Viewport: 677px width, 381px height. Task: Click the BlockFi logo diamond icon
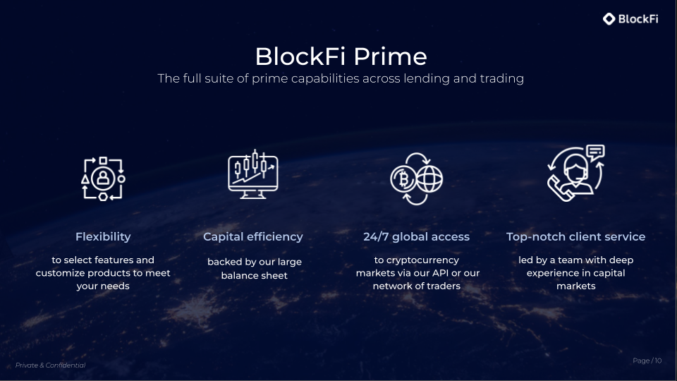(609, 19)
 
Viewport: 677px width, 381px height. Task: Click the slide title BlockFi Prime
(341, 56)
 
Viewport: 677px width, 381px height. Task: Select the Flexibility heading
(103, 237)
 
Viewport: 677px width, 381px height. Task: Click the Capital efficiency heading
(253, 237)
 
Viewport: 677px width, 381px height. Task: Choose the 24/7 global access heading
(416, 237)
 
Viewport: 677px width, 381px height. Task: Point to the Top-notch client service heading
(575, 237)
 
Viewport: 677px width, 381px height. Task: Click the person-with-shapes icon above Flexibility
(103, 179)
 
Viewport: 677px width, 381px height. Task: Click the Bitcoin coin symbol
(404, 180)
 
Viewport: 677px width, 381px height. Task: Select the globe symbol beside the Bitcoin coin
(429, 180)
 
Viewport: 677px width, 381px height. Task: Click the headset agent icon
(571, 176)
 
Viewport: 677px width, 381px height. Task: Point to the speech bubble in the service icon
(595, 151)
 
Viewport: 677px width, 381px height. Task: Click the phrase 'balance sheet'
(255, 275)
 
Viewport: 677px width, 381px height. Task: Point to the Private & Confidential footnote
(50, 365)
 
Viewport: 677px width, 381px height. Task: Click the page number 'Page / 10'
(647, 361)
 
